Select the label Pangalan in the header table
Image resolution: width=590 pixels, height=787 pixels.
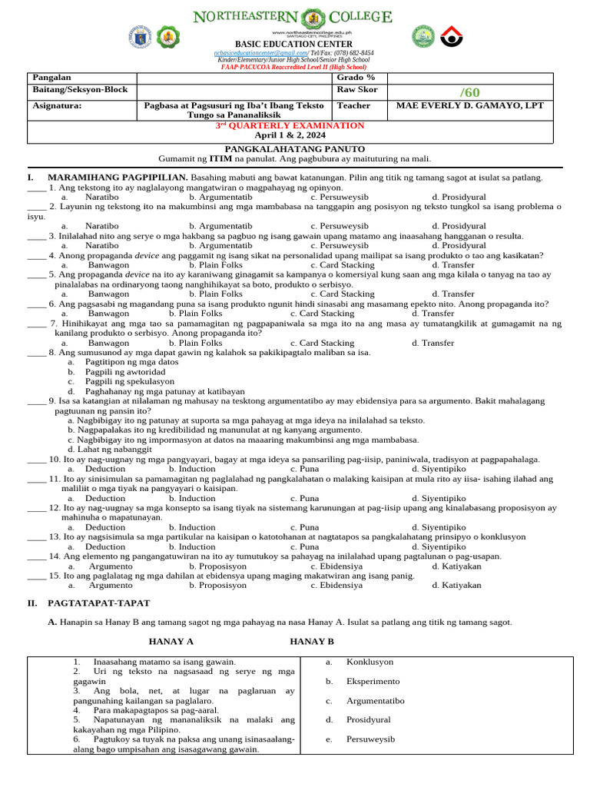click(x=50, y=78)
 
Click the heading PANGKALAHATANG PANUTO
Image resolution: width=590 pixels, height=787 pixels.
click(x=294, y=148)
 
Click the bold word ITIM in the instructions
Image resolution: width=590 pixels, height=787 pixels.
click(x=222, y=158)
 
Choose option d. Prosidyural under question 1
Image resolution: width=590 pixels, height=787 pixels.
click(x=459, y=197)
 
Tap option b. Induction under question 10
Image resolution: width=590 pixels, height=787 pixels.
click(x=192, y=469)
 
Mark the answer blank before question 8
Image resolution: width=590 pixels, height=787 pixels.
click(x=36, y=353)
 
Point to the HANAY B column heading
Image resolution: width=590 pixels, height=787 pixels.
click(x=312, y=641)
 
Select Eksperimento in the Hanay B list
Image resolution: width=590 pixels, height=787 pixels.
click(x=373, y=682)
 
